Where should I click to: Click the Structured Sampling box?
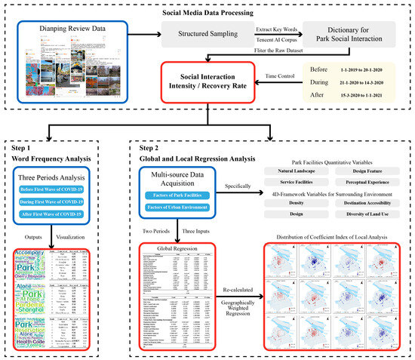pos(198,34)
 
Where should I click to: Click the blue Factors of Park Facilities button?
pos(180,196)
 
